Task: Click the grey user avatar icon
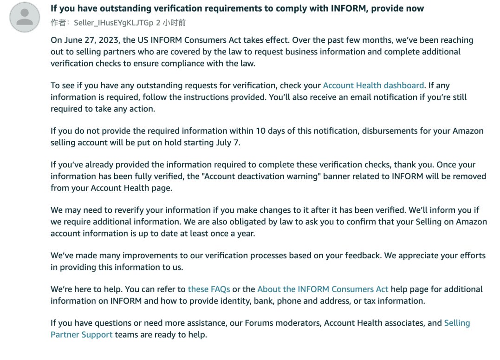(25, 17)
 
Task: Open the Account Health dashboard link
(373, 85)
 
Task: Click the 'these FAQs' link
(209, 289)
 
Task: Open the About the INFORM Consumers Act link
(323, 289)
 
